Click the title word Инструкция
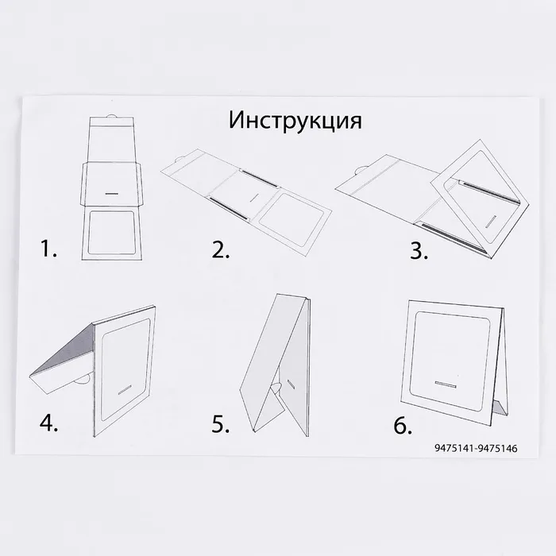[295, 121]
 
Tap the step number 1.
[48, 248]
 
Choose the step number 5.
[220, 423]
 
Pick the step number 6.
[403, 425]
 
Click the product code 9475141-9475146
[476, 448]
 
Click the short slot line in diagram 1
[111, 194]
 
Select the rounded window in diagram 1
[111, 232]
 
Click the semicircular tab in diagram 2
[181, 159]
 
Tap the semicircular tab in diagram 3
[361, 169]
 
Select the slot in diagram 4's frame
[125, 389]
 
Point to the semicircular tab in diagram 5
[276, 386]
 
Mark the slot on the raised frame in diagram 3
[490, 221]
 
